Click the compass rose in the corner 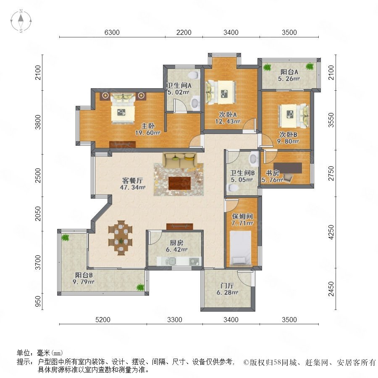[x=21, y=21]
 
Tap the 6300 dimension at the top [x=112, y=32]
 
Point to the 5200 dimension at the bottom [x=103, y=320]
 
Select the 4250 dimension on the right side [x=331, y=232]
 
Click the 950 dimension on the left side [x=38, y=302]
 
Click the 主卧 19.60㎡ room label [x=148, y=129]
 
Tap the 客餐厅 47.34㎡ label [x=133, y=184]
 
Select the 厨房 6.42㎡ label [x=176, y=246]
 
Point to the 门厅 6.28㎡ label [x=227, y=289]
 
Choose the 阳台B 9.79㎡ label [x=84, y=278]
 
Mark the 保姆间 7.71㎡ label [x=242, y=220]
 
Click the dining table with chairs [x=121, y=237]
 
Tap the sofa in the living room [x=180, y=160]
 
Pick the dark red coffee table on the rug [x=180, y=184]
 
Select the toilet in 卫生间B [x=233, y=188]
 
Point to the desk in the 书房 [x=288, y=168]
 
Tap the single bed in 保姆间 [x=241, y=247]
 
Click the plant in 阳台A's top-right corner [x=310, y=66]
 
